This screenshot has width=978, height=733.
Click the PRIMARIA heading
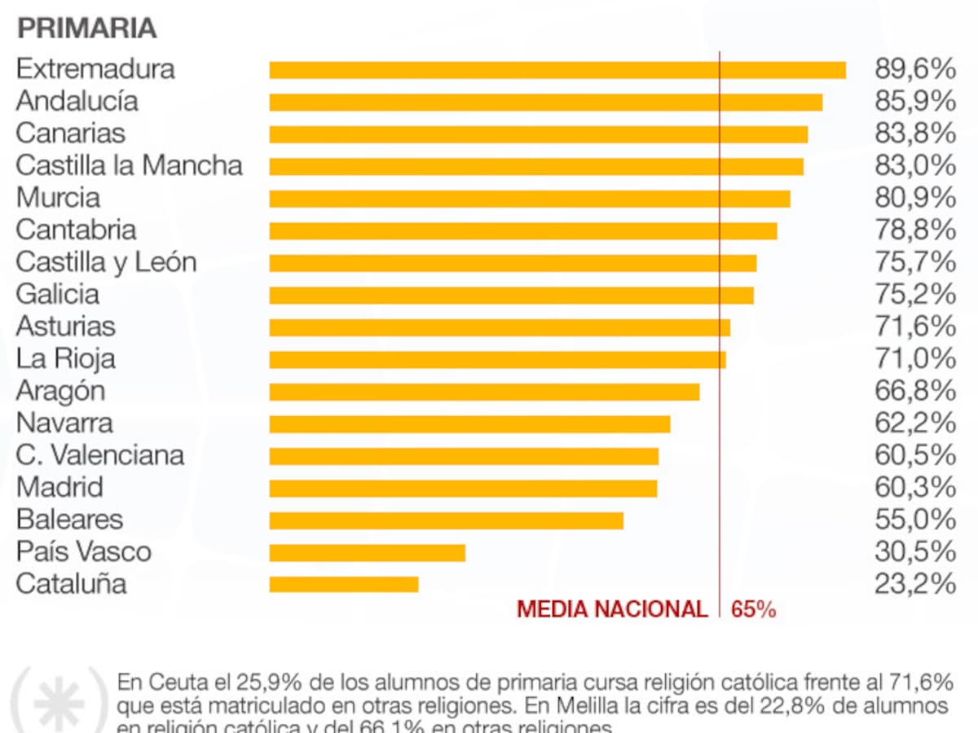[86, 28]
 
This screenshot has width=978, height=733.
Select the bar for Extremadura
[557, 70]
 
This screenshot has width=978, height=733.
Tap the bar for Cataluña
[344, 584]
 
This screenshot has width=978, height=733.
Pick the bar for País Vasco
[367, 552]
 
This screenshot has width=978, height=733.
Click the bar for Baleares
[447, 520]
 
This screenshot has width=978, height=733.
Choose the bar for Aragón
[484, 392]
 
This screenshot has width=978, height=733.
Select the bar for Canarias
[538, 134]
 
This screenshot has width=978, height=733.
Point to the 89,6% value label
[914, 69]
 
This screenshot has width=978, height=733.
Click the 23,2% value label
[914, 584]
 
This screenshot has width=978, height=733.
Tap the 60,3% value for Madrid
[914, 488]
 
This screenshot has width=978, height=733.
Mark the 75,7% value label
[914, 262]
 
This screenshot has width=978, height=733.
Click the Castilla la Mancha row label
[129, 165]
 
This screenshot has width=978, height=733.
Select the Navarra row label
[64, 424]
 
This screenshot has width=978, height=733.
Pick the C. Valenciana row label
[99, 455]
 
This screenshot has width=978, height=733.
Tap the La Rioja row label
[65, 358]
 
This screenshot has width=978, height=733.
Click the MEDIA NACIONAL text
[612, 609]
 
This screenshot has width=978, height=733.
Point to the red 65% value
[753, 609]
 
